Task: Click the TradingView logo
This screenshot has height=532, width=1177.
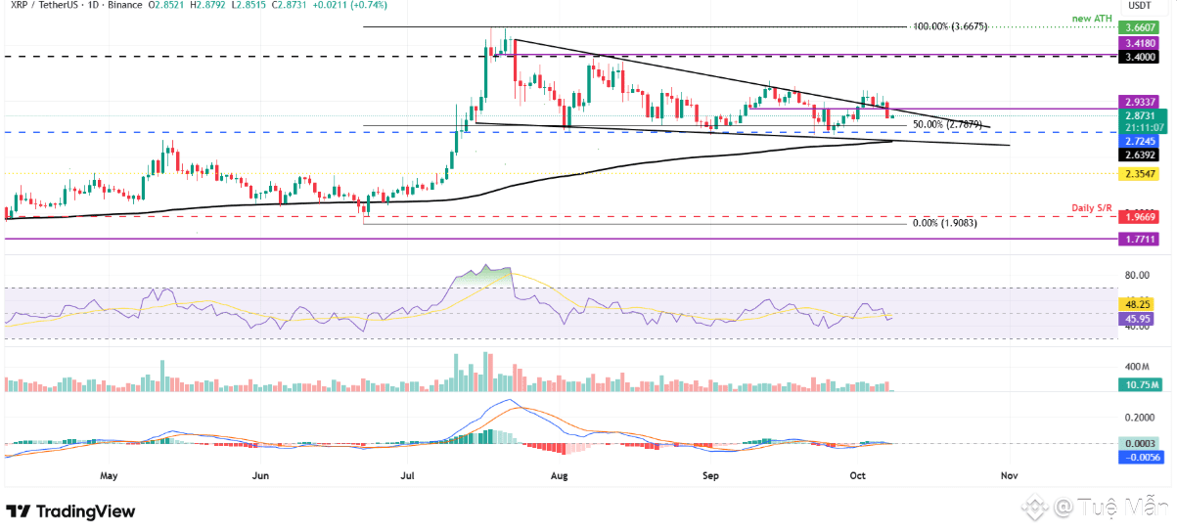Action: tap(70, 511)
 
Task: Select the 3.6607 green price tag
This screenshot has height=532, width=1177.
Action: tap(1141, 29)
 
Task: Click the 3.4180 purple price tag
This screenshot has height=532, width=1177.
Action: tap(1141, 44)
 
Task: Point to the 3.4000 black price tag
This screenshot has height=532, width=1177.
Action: tap(1141, 58)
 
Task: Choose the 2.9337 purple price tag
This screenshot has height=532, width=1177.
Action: tap(1141, 102)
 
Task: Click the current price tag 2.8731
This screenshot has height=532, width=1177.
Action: tap(1141, 115)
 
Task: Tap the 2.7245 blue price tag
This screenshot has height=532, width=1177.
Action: tap(1141, 141)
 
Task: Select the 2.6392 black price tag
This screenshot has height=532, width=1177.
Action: tap(1141, 154)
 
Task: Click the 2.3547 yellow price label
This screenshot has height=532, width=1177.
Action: tap(1141, 174)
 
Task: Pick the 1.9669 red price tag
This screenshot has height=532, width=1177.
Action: tap(1141, 217)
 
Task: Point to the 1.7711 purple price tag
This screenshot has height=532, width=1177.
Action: tap(1141, 238)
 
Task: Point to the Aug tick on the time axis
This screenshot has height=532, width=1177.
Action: tap(560, 475)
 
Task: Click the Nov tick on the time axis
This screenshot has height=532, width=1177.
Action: tap(1009, 475)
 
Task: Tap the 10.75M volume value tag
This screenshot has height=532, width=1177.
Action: tap(1141, 384)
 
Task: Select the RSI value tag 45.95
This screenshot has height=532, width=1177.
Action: tap(1141, 319)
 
